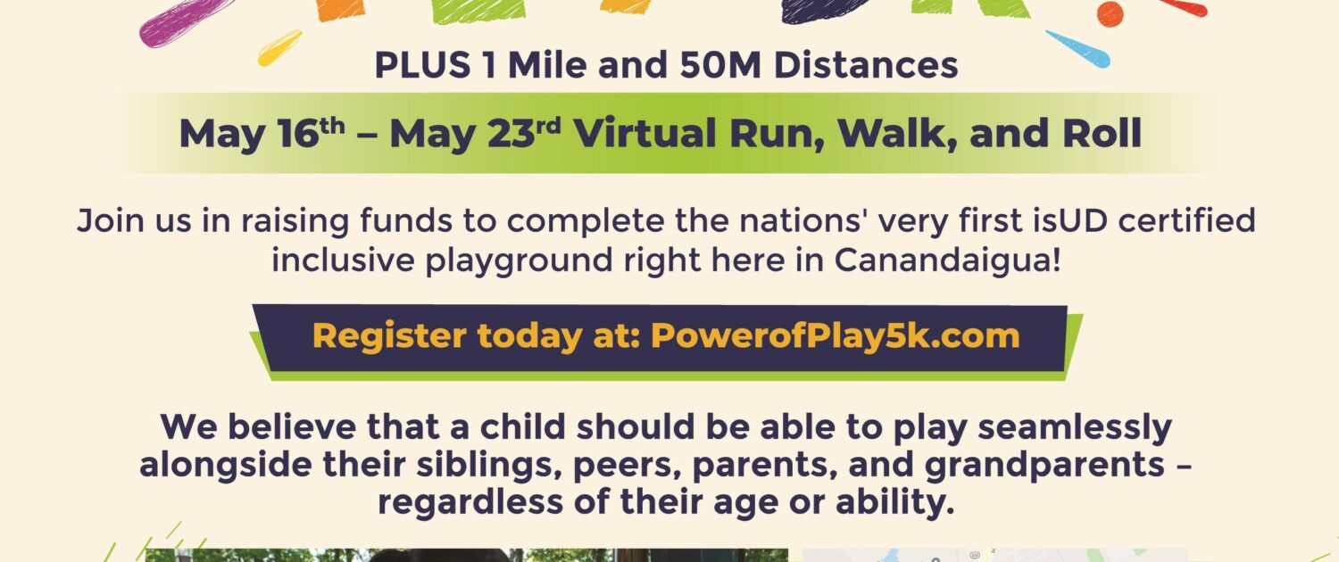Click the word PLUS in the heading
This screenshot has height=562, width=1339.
pyautogui.click(x=422, y=64)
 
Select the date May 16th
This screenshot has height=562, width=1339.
pyautogui.click(x=262, y=133)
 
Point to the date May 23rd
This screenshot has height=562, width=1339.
pyautogui.click(x=475, y=133)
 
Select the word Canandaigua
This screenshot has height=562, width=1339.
pyautogui.click(x=947, y=260)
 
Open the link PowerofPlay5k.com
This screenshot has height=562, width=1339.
pyautogui.click(x=835, y=335)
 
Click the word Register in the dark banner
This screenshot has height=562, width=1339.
pyautogui.click(x=389, y=335)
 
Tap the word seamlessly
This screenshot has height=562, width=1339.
pyautogui.click(x=1074, y=427)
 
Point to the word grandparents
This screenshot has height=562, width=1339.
pyautogui.click(x=1044, y=466)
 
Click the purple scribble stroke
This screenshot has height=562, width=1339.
pyautogui.click(x=187, y=21)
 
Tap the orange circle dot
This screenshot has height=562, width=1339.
pyautogui.click(x=1110, y=14)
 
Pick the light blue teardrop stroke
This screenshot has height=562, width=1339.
pyautogui.click(x=1077, y=49)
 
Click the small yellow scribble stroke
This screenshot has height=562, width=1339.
pyautogui.click(x=279, y=48)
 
